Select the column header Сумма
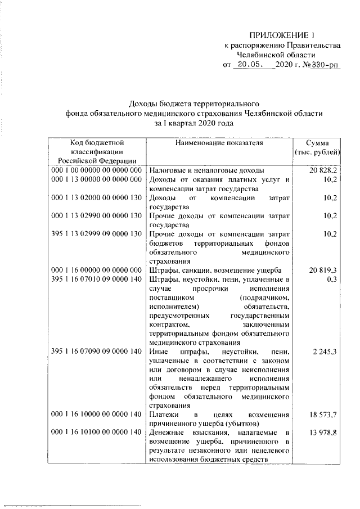click(317, 143)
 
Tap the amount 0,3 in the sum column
click(331, 280)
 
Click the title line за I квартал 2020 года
click(194, 123)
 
